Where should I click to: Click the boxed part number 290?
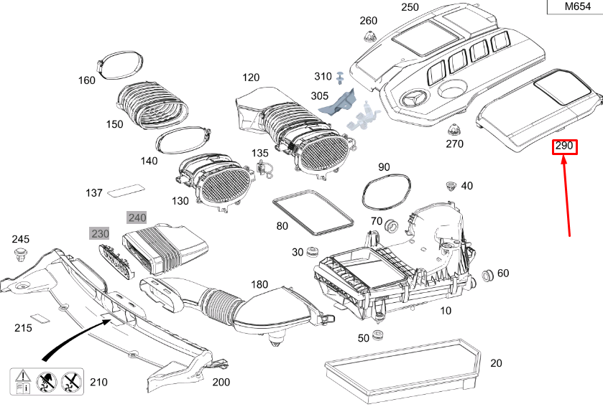[564, 146]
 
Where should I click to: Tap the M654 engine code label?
[578, 6]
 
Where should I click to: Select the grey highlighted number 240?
[137, 217]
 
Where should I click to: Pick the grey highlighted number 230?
[100, 233]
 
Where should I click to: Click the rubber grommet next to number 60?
[488, 275]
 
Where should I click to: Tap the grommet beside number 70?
[392, 226]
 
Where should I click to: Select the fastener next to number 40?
[451, 186]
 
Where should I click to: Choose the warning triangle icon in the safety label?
[23, 375]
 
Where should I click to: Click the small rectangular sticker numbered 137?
[126, 190]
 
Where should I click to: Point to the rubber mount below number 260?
[369, 37]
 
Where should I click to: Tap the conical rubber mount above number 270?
[454, 130]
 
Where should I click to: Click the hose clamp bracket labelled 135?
[264, 169]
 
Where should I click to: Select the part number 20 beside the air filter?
[496, 363]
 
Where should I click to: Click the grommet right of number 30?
[312, 252]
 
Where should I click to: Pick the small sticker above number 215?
[40, 317]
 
